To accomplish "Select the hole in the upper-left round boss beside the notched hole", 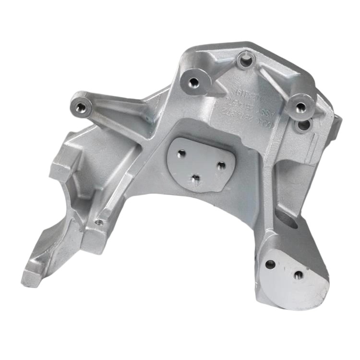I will [194, 82].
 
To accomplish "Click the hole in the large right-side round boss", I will [300, 108].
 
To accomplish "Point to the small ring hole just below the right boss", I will [302, 126].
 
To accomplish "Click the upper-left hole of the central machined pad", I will [181, 154].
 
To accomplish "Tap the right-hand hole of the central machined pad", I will [221, 165].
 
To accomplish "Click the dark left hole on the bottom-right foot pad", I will [271, 264].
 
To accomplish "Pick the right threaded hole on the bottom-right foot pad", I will [299, 275].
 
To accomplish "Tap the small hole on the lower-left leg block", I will [99, 222].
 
